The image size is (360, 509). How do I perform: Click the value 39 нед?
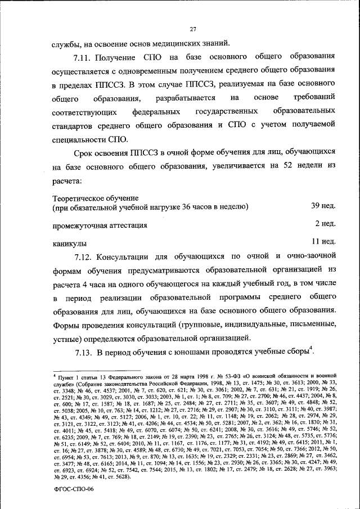pos(323,206)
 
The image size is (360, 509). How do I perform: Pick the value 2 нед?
pos(326,224)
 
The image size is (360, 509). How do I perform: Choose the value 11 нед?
pos(323,242)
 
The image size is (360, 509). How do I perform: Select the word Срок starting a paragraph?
pos(84,152)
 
